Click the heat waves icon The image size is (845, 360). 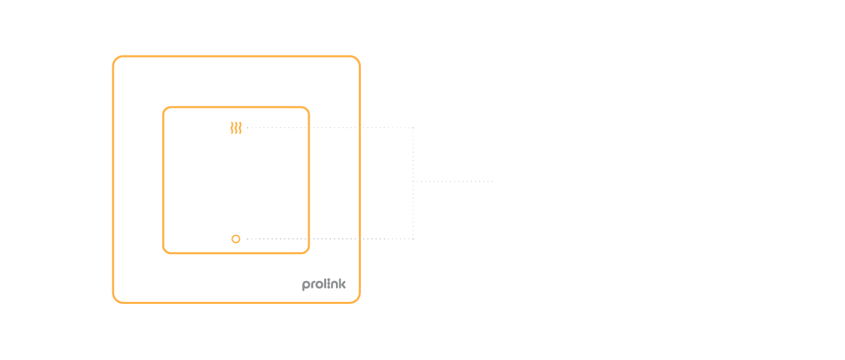click(236, 127)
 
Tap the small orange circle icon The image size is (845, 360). click(235, 239)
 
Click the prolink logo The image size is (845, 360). click(323, 285)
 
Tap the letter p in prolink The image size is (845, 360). click(305, 285)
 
